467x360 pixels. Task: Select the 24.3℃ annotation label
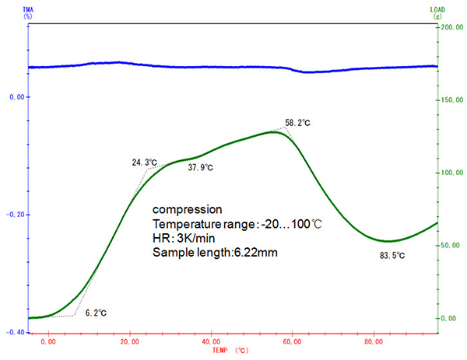144,163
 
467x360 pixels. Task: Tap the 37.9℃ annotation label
201,167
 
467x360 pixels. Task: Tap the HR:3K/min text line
183,239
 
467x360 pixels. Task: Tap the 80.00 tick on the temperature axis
374,341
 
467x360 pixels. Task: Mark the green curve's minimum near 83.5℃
388,241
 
